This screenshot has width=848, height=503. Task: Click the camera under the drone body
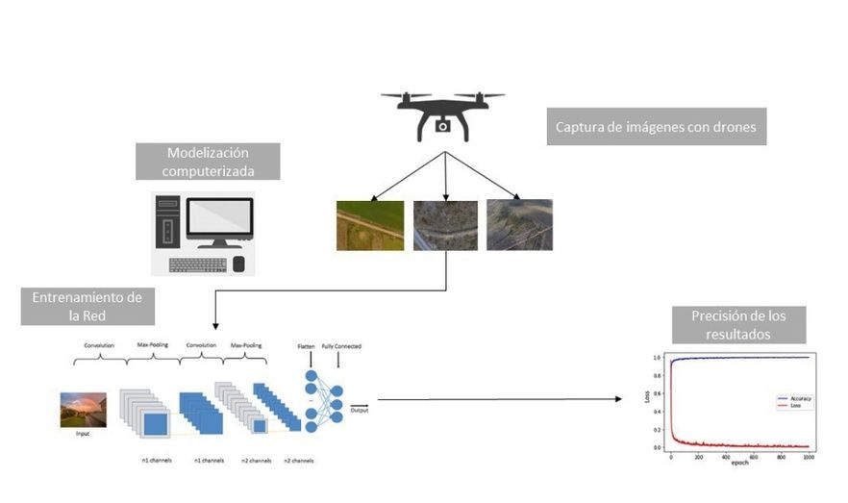(442, 126)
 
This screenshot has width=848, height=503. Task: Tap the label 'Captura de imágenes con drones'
(657, 126)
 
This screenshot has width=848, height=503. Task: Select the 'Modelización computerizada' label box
(207, 162)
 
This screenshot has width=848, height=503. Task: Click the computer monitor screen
(219, 218)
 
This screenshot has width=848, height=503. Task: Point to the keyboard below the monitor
(197, 264)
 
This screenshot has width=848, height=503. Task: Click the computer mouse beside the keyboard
(238, 264)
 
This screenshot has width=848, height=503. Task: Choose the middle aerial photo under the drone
(445, 224)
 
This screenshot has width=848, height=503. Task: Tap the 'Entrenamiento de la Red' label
(87, 306)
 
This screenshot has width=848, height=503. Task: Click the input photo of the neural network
(83, 408)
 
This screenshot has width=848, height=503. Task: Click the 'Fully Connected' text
(341, 346)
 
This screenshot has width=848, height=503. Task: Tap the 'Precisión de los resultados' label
(736, 324)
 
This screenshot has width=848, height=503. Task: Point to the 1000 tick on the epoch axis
(807, 457)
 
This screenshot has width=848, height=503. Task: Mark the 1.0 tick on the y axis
(657, 358)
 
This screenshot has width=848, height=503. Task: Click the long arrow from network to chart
(500, 398)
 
